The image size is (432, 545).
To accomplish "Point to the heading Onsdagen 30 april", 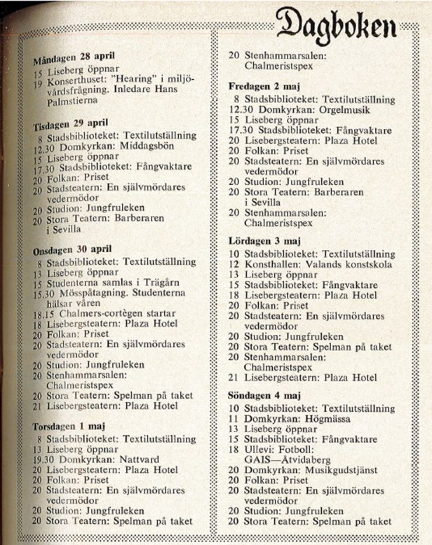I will pos(74,251).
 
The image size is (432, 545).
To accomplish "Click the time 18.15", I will pos(45,314).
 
